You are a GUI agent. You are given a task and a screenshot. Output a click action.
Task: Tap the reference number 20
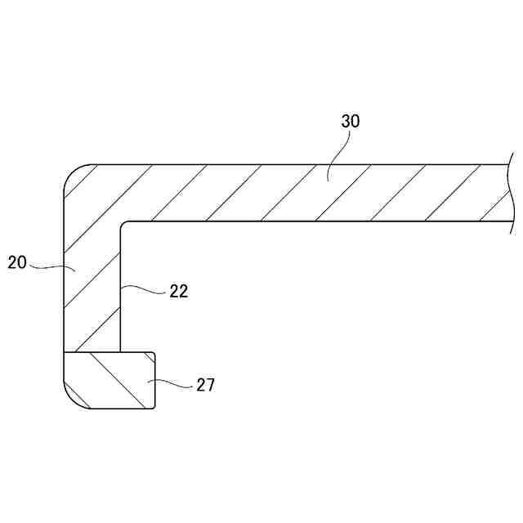pyautogui.click(x=17, y=262)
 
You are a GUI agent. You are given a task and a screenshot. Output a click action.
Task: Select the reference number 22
pyautogui.click(x=179, y=291)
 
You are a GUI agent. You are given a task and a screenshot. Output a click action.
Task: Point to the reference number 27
pyautogui.click(x=205, y=385)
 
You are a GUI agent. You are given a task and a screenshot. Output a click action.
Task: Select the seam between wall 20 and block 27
pyautogui.click(x=92, y=352)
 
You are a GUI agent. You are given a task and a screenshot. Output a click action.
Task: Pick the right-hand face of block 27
pyautogui.click(x=155, y=380)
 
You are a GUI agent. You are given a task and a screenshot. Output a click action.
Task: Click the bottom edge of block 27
pyautogui.click(x=114, y=409)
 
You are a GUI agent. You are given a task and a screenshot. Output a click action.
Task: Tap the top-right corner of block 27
pyautogui.click(x=154, y=354)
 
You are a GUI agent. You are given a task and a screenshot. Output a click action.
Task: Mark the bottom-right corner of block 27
pyautogui.click(x=154, y=407)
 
